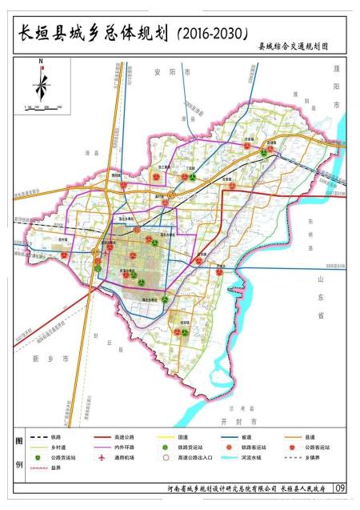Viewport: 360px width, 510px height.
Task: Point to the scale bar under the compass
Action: tap(42, 105)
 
